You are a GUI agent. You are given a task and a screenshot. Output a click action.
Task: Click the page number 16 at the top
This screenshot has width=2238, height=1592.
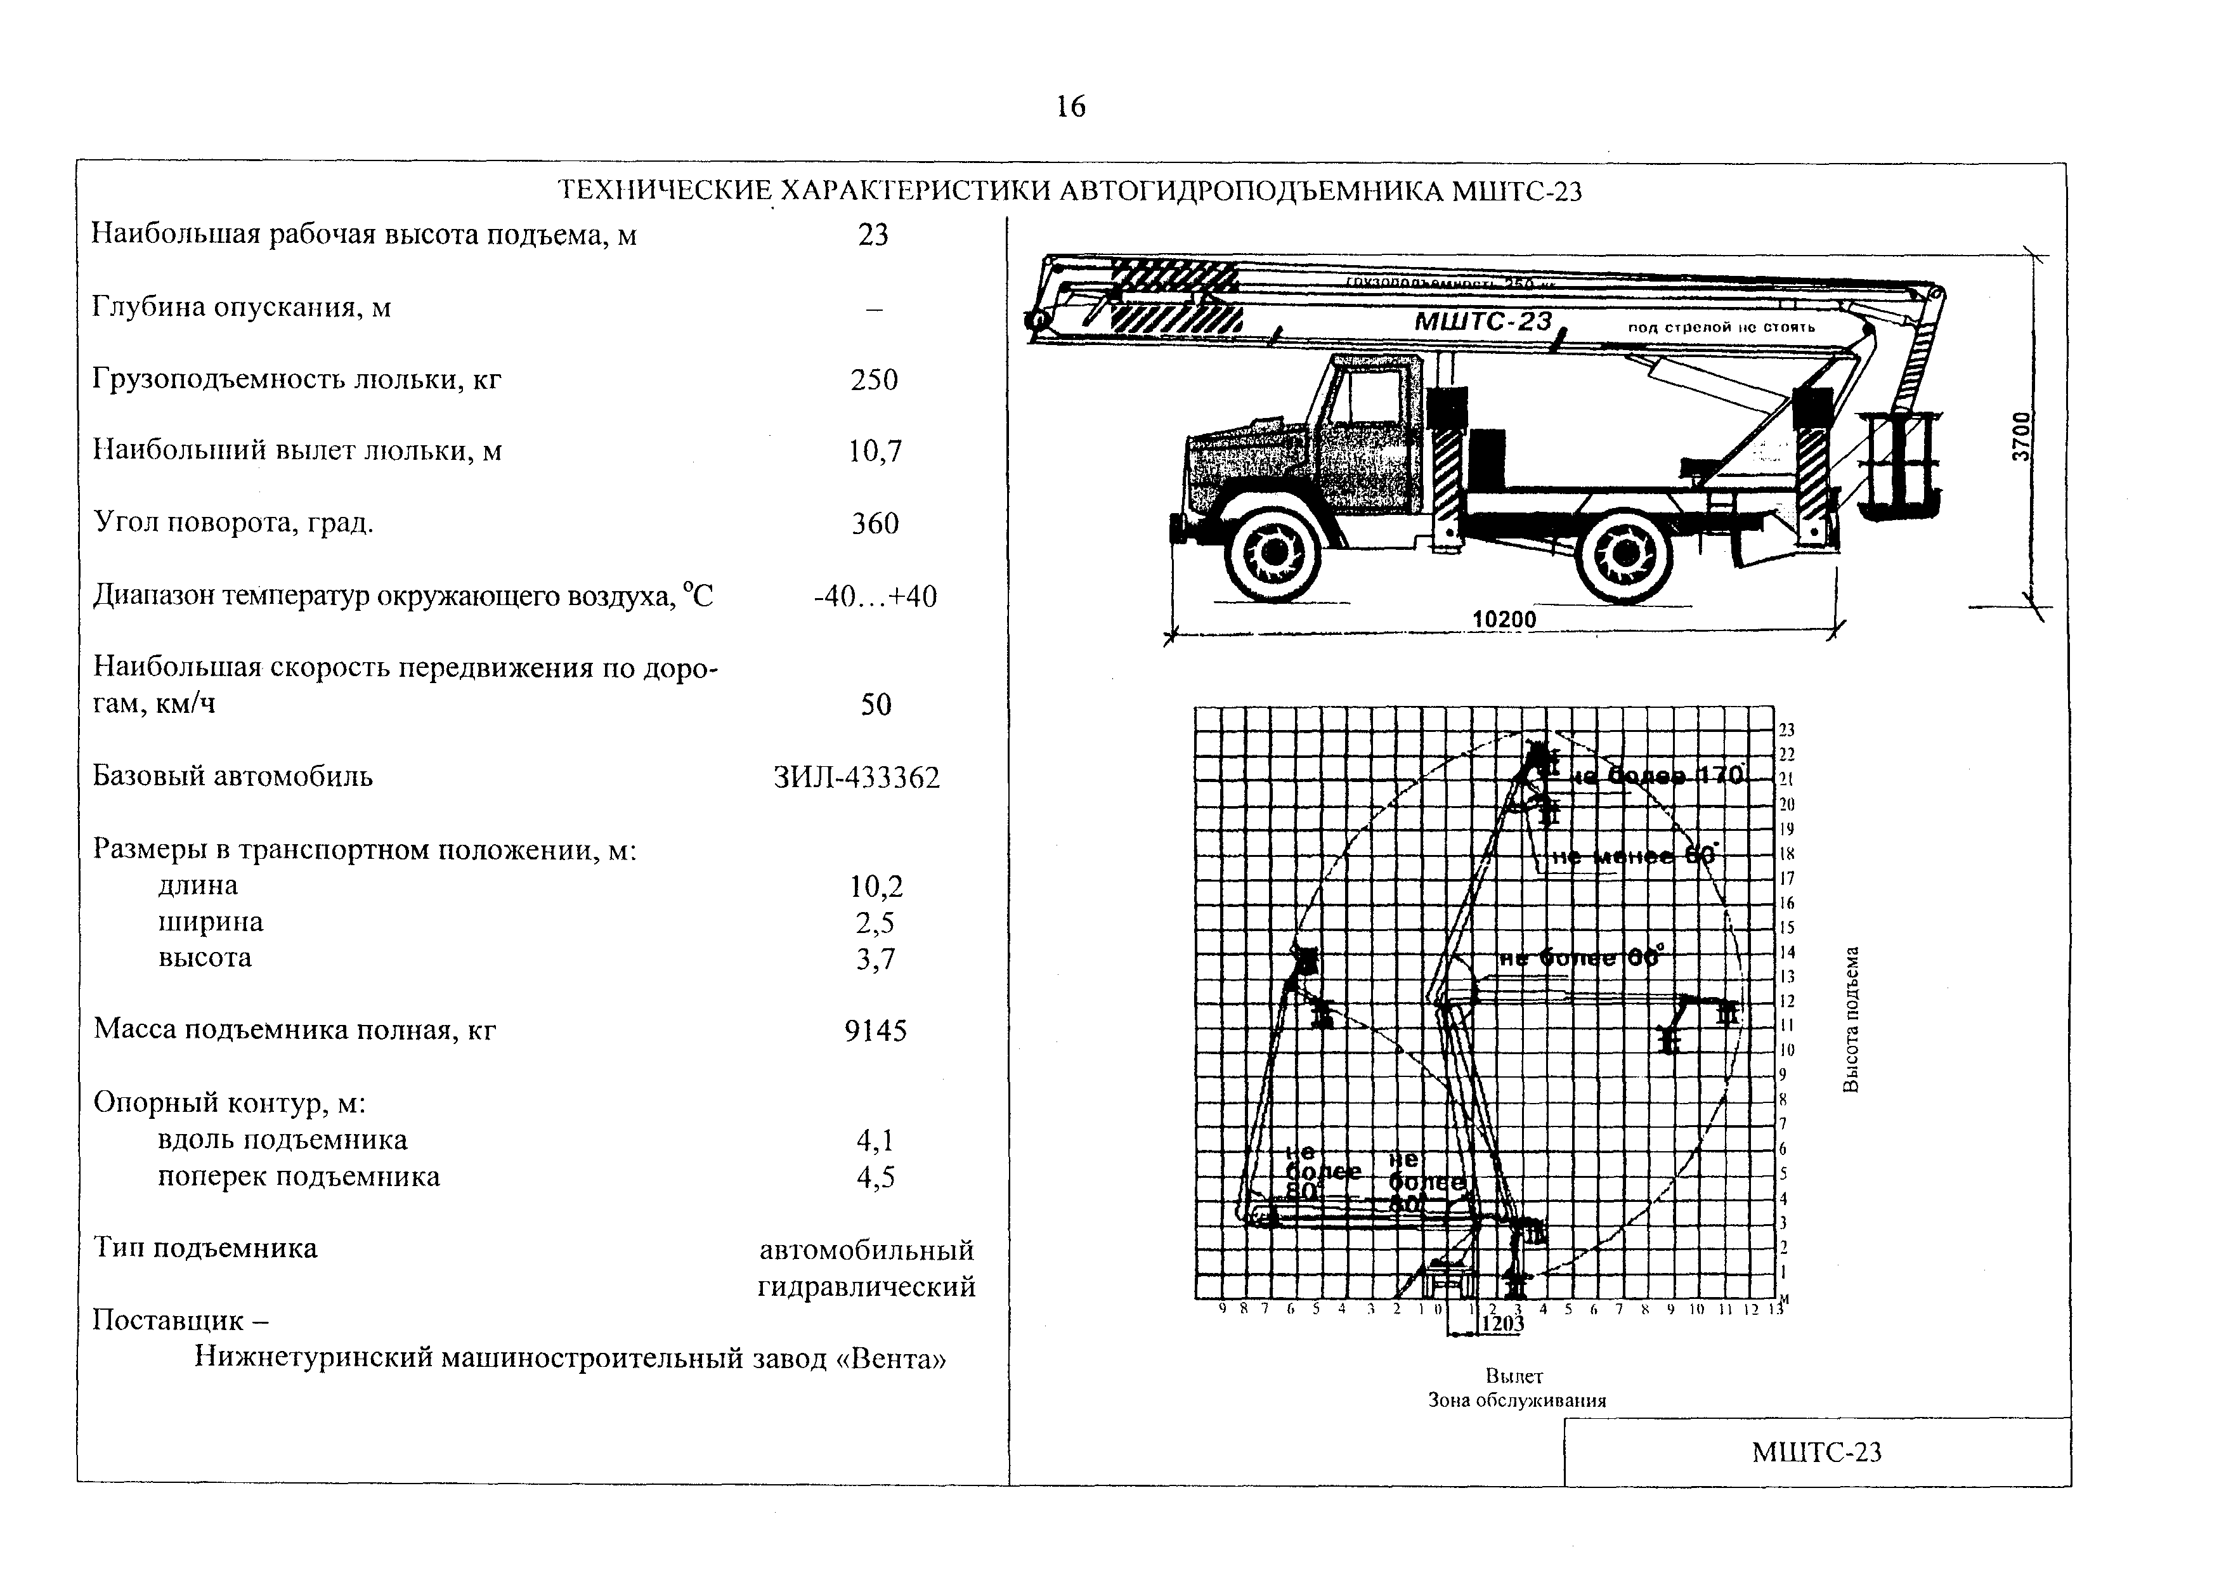tap(1071, 106)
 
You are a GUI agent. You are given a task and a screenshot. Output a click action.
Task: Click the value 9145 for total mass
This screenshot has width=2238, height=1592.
tap(875, 1030)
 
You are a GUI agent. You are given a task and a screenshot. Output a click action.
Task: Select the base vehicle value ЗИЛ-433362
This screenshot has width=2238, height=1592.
tap(856, 778)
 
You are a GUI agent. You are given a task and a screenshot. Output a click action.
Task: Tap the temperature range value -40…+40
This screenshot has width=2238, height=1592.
tap(875, 596)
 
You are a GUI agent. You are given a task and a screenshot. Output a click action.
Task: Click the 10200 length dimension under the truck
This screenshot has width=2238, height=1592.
tap(1504, 620)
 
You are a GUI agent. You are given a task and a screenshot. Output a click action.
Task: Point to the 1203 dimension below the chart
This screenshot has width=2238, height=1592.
tap(1502, 1324)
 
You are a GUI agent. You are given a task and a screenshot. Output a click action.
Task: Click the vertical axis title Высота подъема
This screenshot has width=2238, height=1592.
tap(1851, 1019)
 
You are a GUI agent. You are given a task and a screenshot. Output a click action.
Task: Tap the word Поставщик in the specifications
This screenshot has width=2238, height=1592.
tap(169, 1321)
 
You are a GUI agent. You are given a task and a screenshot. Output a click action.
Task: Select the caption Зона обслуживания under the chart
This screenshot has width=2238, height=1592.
tap(1517, 1400)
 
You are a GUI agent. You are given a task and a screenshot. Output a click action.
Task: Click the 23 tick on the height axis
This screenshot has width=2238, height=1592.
tap(1786, 730)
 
